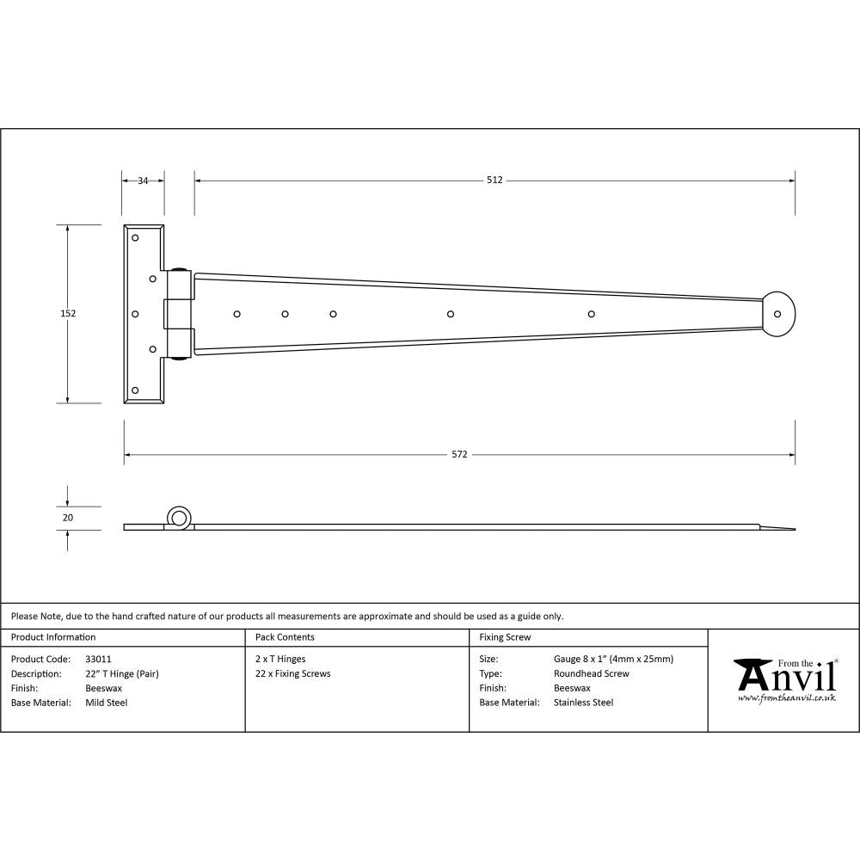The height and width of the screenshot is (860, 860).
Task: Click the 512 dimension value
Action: pos(494,181)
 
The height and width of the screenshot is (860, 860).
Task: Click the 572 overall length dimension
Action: pos(459,454)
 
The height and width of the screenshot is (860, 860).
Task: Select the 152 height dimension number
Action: pos(68,314)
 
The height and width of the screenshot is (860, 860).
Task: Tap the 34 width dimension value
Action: pos(143,181)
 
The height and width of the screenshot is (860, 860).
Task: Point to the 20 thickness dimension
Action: pos(68,518)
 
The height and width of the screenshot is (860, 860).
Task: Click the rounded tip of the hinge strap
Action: pos(780,313)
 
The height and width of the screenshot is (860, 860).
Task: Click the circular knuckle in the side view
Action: pos(179,518)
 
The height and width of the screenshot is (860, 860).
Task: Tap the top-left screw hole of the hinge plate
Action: pos(135,237)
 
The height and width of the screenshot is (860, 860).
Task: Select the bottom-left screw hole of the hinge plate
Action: pos(135,390)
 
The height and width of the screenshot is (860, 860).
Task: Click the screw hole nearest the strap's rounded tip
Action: pos(591,313)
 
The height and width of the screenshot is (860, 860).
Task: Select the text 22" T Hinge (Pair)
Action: pos(122,674)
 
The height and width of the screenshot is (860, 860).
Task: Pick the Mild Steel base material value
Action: pos(107,703)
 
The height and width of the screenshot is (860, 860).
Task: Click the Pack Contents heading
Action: pos(285,637)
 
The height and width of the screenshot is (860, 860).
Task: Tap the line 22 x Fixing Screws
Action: pos(293,674)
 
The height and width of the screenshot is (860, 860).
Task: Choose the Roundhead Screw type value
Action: pos(591,674)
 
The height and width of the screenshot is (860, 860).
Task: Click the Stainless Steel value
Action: pos(583,703)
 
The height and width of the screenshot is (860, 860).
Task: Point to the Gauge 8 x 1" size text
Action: pos(613,660)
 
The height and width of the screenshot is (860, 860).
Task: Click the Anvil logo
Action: pos(785,676)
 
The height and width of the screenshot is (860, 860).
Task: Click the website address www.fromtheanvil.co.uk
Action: pos(786,698)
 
